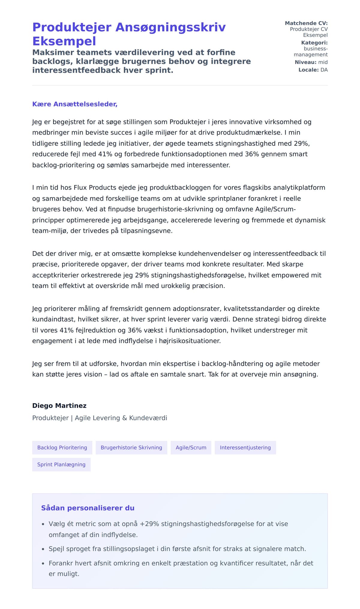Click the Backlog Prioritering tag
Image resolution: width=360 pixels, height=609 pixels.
[62, 447]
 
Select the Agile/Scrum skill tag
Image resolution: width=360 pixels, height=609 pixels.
[191, 447]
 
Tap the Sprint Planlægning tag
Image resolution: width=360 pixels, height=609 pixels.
[61, 464]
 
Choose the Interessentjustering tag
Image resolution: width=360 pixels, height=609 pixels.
[245, 447]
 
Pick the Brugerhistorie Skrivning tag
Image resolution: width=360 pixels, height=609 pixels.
[131, 447]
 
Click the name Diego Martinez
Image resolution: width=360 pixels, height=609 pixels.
[59, 406]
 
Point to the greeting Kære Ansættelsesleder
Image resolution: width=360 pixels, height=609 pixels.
[75, 104]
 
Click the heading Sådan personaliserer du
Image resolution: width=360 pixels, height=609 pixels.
[88, 508]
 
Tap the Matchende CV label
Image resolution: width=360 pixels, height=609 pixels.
[306, 23]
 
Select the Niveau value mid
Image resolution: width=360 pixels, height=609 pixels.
[323, 62]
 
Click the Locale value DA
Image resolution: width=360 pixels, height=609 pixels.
[324, 70]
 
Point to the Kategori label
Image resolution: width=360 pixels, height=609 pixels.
[314, 43]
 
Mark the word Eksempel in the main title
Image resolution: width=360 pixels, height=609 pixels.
[64, 41]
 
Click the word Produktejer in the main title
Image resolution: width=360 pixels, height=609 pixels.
[72, 27]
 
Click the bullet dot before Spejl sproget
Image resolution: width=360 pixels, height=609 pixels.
[43, 549]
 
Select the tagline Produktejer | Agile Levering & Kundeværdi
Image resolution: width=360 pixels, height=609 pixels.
[100, 418]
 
